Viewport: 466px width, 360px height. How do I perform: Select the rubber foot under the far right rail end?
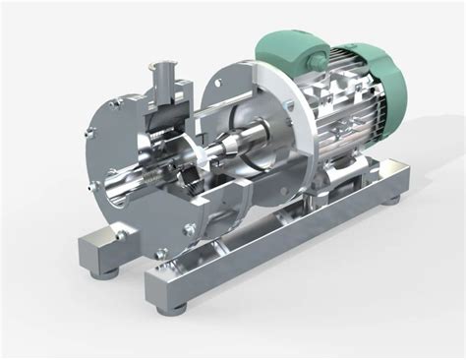393,199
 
